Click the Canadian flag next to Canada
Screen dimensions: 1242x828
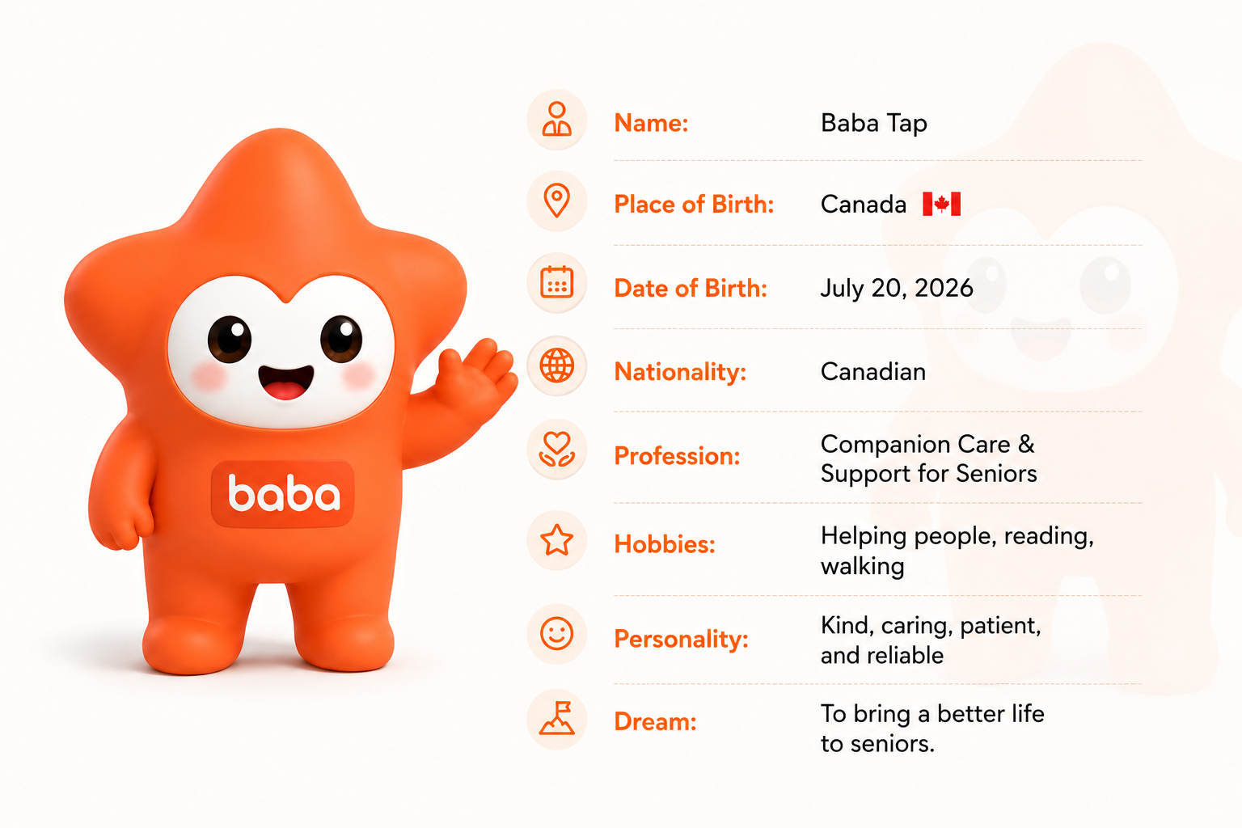point(941,204)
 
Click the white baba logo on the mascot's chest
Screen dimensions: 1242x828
point(283,492)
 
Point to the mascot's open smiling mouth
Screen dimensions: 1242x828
point(285,382)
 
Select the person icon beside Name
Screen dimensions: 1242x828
point(556,119)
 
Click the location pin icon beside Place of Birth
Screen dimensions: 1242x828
point(556,201)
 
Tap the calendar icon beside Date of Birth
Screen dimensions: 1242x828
point(556,283)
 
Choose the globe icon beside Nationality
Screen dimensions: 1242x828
point(556,366)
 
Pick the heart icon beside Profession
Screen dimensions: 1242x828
point(556,450)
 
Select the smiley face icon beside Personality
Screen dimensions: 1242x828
point(556,633)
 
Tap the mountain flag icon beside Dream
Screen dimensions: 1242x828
point(556,719)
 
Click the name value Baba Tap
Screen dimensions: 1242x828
point(874,124)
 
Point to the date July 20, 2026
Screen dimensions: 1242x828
point(897,289)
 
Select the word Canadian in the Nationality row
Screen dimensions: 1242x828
point(873,372)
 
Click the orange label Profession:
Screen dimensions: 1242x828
point(677,456)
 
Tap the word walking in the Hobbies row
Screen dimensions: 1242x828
point(863,566)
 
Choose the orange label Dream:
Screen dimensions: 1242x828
point(656,721)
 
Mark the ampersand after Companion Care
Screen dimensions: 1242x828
point(1026,444)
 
